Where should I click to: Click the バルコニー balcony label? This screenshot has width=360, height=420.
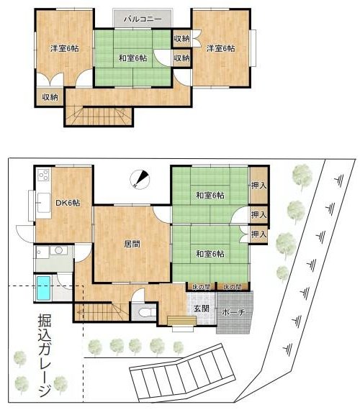tap(143, 19)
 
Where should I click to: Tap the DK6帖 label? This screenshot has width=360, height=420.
tap(68, 203)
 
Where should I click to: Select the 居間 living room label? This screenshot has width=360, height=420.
tap(132, 244)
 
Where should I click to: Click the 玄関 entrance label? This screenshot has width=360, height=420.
tap(202, 309)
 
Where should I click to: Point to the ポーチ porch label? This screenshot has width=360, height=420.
tap(234, 312)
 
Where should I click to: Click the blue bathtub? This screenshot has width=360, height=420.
tap(43, 288)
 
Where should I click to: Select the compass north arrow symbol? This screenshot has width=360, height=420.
tap(139, 178)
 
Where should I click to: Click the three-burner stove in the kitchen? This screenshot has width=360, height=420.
tap(43, 175)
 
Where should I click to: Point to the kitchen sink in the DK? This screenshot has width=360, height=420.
tap(43, 203)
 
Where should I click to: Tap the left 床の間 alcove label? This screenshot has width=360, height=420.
tap(202, 287)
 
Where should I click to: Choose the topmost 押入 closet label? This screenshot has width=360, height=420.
tap(259, 186)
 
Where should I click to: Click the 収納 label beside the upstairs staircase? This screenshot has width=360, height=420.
tap(50, 97)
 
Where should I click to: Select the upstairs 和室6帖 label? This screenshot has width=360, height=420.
tap(132, 58)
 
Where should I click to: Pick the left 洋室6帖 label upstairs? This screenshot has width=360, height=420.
tap(65, 48)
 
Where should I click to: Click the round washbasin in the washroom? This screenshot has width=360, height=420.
tap(58, 250)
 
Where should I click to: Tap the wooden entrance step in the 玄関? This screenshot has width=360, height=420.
tap(181, 320)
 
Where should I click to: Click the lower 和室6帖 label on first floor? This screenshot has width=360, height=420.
tap(210, 254)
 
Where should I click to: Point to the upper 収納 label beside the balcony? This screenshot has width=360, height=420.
tap(182, 39)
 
